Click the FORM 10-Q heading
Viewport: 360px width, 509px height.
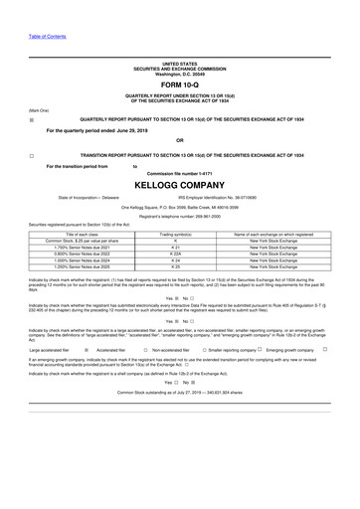180,85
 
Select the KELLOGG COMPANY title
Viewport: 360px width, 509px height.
180,184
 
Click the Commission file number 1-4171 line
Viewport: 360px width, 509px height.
180,173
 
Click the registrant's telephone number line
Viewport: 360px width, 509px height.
180,215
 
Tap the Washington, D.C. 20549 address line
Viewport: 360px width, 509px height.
180,74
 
